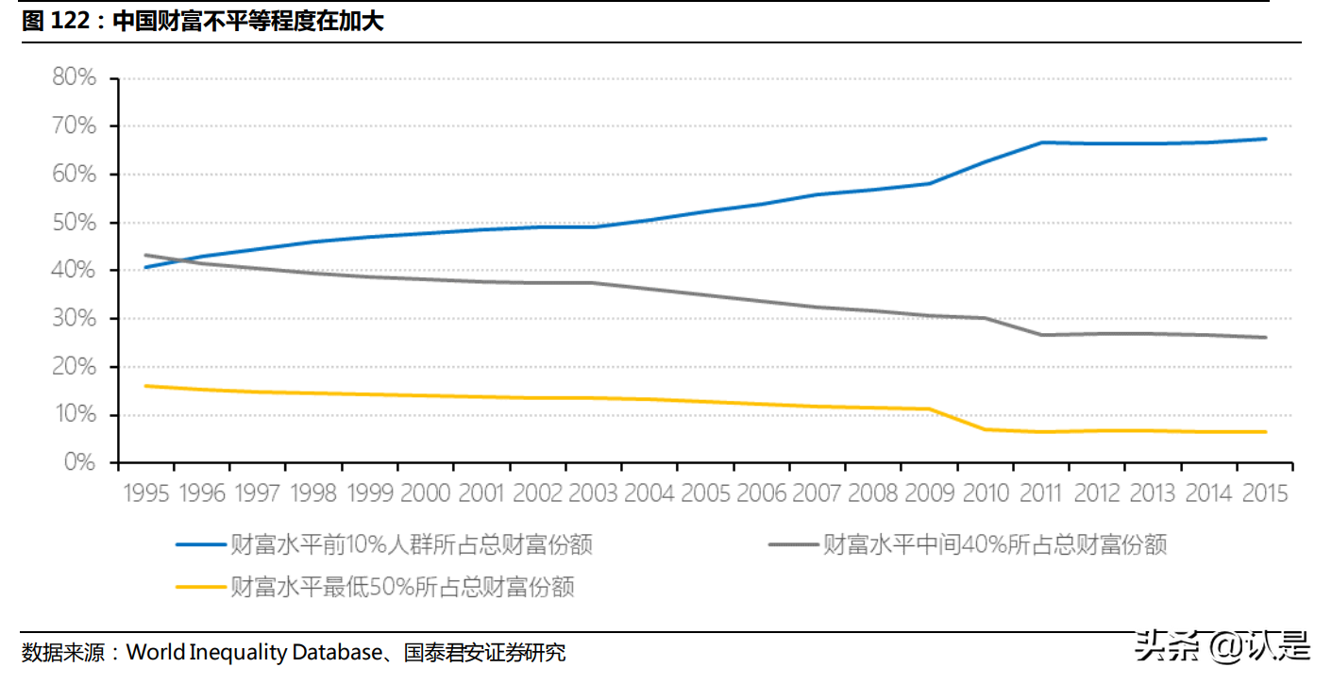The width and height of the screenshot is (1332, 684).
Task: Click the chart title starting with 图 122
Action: [x=202, y=22]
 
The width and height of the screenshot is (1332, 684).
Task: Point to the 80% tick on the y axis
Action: [x=75, y=77]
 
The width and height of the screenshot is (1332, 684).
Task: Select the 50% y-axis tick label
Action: [x=75, y=223]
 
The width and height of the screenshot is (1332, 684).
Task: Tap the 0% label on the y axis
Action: [x=79, y=463]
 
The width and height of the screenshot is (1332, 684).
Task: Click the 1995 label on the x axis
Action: [x=146, y=493]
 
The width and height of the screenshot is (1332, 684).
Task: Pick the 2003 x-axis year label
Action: [x=593, y=493]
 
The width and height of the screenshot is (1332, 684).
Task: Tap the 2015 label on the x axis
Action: [x=1264, y=493]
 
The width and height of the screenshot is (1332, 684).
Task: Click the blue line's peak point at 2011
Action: [x=1041, y=142]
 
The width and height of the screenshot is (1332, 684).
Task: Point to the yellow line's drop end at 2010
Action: [x=986, y=429]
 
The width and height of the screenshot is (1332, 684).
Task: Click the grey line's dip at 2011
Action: [x=1041, y=335]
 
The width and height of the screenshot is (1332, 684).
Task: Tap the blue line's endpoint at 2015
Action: [x=1265, y=139]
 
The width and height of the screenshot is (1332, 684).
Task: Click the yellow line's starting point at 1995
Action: [x=145, y=386]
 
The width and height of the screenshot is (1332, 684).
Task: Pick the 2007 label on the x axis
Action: [x=817, y=493]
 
